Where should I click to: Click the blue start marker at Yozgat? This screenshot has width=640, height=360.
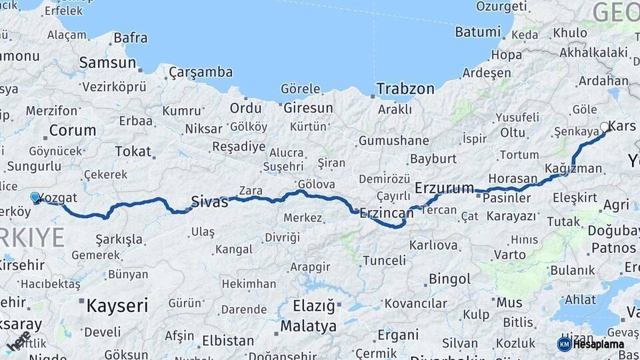(35, 197)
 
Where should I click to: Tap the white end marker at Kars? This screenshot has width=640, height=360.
(605, 127)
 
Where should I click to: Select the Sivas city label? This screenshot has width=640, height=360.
(209, 201)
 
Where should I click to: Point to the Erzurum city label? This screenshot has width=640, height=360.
(444, 188)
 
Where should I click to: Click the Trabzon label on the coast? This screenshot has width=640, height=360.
(405, 89)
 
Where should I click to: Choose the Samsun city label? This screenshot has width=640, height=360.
(107, 63)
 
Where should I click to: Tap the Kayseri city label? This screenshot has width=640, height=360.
(117, 306)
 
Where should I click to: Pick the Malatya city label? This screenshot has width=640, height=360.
(308, 327)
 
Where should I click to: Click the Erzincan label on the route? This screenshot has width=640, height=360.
(387, 213)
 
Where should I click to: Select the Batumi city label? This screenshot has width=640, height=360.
(477, 32)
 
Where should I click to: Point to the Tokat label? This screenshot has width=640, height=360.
(133, 151)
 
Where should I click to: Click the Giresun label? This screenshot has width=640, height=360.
(308, 107)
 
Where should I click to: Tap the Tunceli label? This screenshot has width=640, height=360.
(383, 261)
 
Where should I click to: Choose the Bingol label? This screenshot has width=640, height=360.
(449, 279)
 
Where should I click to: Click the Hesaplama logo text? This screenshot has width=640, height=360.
(599, 345)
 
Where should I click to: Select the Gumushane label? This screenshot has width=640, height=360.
(394, 141)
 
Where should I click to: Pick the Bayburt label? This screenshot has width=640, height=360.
(433, 159)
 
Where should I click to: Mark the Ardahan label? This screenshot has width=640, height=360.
(603, 81)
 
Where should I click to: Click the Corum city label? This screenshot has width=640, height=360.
(73, 130)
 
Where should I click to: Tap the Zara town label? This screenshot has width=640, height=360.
(251, 191)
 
